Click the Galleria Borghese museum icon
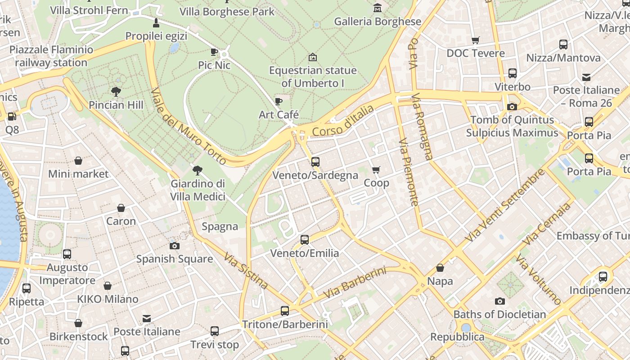377,8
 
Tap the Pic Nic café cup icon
214,52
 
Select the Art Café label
279,115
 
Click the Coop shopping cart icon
376,170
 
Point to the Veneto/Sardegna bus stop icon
315,162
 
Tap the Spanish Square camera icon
174,246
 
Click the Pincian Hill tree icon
116,92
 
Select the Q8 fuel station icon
12,117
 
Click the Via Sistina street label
246,270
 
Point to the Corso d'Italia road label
343,121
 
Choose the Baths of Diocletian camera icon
499,301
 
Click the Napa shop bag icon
440,268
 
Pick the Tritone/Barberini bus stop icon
285,311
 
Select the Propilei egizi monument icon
156,23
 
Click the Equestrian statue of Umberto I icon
312,57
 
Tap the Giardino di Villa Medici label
198,190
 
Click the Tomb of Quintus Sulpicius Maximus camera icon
512,107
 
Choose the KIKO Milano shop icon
108,286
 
